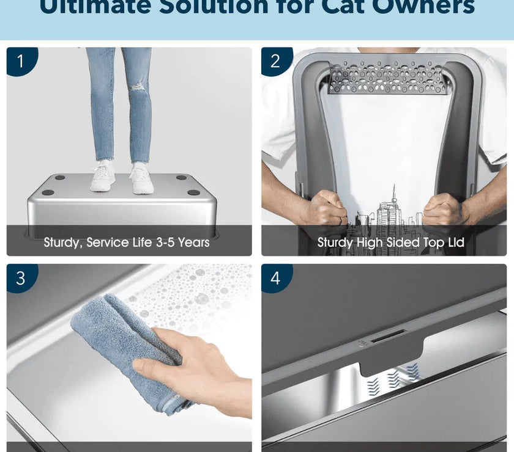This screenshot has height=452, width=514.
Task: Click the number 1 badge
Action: [21, 61]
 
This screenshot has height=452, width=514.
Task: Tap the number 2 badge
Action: [275, 61]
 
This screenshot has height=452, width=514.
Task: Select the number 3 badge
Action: [21, 278]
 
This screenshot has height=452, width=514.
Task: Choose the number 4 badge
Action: [275, 278]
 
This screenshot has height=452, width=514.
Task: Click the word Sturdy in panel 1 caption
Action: [62, 242]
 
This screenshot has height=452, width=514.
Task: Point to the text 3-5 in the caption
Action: [162, 242]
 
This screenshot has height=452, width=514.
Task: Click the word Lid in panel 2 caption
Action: [454, 242]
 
